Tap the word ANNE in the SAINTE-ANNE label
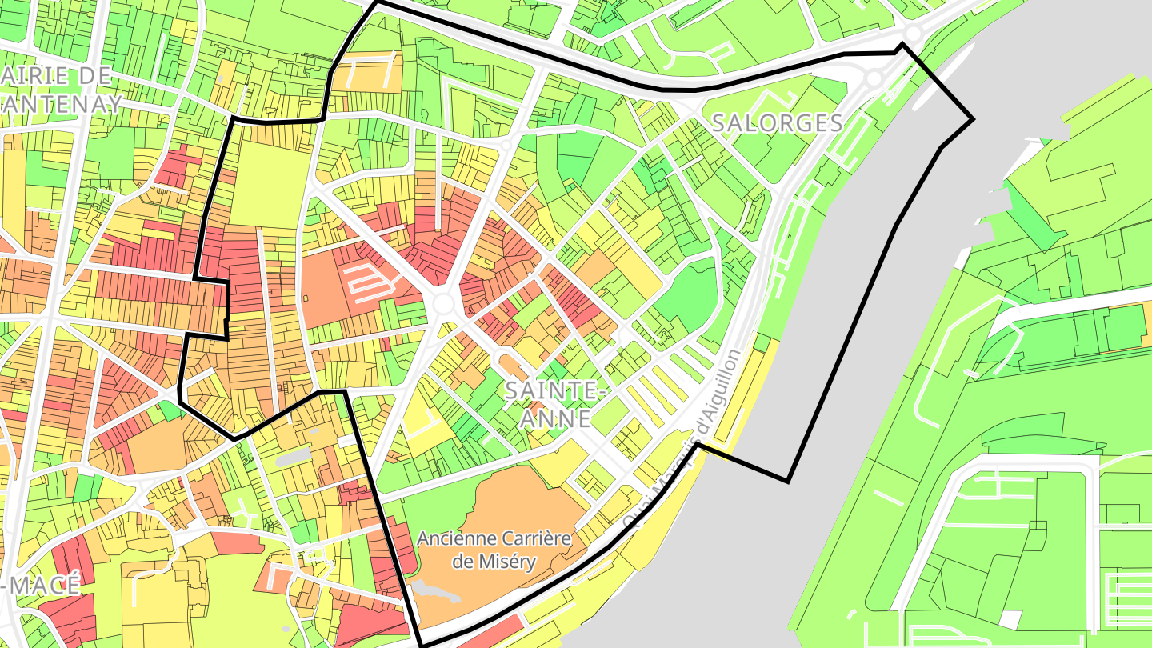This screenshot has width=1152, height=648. point(557,418)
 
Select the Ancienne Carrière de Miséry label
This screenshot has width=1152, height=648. point(494,550)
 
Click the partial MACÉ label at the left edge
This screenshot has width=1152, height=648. point(44,584)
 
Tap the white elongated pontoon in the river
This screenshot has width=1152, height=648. point(944,76)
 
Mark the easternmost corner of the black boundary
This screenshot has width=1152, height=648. point(973,120)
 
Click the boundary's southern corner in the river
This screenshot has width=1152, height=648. point(788,481)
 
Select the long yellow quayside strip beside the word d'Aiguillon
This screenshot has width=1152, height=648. point(740,392)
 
